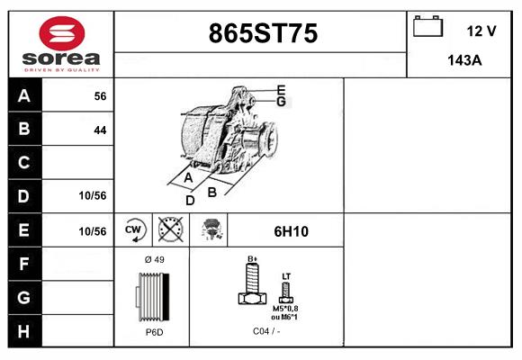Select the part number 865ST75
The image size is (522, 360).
(263, 34)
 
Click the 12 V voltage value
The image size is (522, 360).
(481, 31)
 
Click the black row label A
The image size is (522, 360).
(23, 96)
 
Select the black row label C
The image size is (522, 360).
(23, 163)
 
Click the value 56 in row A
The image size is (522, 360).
(100, 96)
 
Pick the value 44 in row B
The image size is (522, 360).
(100, 130)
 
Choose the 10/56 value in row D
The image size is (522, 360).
(93, 195)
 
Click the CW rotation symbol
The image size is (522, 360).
(133, 230)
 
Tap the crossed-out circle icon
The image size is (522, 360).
(168, 230)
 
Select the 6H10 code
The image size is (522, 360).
(291, 231)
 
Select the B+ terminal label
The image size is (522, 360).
(253, 259)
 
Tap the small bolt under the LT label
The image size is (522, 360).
(287, 291)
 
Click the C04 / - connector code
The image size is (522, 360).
(266, 332)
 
